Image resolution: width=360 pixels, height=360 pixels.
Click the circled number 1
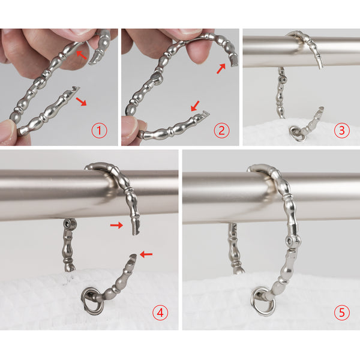coord(99,130)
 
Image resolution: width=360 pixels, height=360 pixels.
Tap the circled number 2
coord(221,130)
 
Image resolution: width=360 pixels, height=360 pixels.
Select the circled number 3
coord(341,130)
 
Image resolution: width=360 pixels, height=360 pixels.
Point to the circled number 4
coord(160,313)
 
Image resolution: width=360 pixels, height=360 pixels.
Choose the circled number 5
coord(341,313)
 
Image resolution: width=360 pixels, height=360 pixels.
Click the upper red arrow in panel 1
coord(81,55)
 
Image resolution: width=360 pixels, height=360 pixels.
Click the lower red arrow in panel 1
coord(81,101)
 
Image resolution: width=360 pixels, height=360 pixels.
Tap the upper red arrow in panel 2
coord(221,68)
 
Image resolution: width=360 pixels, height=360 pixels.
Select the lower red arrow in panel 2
coord(196,106)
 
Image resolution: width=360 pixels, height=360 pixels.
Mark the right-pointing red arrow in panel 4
coord(116,226)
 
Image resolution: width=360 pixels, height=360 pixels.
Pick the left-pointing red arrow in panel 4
coord(146,254)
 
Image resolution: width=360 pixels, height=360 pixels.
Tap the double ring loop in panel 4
coord(92,301)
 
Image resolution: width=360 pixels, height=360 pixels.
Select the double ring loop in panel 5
coord(263,301)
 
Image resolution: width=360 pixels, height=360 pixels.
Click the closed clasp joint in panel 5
coord(292,241)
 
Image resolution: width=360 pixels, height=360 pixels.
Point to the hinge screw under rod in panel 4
coord(67,223)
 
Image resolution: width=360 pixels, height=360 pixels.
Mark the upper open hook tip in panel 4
coord(136,230)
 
